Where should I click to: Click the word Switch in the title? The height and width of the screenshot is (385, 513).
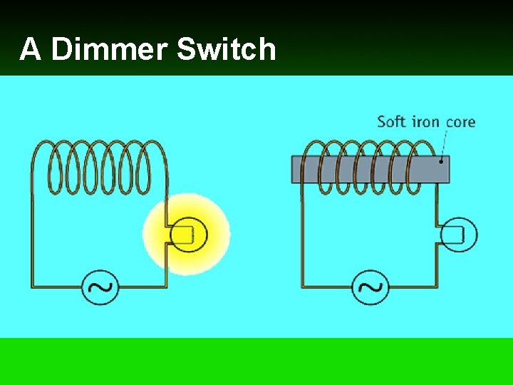(226, 50)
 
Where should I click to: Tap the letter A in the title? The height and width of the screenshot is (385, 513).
(30, 50)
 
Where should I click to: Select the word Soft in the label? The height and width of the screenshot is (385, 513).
(390, 121)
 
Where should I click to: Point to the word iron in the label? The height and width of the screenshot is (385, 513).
(426, 121)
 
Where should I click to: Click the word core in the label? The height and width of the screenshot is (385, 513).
(460, 122)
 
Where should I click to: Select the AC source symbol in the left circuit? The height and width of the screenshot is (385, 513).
(100, 287)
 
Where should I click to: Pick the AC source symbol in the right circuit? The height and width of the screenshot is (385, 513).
(371, 287)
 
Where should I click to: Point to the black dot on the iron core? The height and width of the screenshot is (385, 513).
(442, 161)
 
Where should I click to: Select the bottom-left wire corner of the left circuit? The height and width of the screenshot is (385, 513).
(32, 287)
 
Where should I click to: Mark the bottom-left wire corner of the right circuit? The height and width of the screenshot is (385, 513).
(304, 287)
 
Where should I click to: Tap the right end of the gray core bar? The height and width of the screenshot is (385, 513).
(447, 168)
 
